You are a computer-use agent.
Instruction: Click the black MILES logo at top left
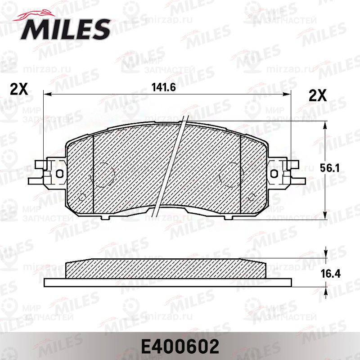click(65, 29)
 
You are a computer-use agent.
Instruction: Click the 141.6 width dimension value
click(164, 87)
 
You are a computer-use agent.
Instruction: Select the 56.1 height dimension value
click(330, 168)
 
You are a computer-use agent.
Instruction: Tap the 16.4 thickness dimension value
click(331, 274)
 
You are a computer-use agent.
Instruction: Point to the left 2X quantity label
click(19, 89)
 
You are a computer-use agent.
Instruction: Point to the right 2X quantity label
click(318, 95)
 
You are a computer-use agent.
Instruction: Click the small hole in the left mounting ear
click(60, 173)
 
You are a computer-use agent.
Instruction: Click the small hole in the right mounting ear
click(274, 173)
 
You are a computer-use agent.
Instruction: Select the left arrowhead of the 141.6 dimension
click(48, 94)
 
